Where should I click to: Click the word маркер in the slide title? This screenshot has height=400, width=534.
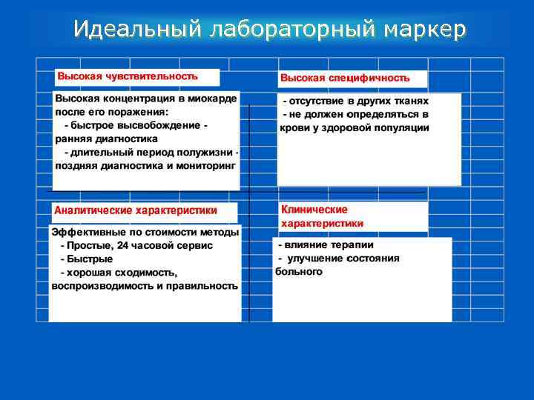coord(426,29)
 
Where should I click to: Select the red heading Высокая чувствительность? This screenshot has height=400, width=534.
coord(128,76)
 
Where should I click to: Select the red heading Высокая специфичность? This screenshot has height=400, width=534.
coord(345,78)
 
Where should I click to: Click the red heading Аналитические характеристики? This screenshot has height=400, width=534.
coord(136,210)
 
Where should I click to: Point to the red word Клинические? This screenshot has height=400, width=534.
coord(314,210)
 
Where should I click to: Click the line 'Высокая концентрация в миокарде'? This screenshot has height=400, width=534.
coord(146,99)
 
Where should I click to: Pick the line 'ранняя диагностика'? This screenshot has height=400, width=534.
coord(106,139)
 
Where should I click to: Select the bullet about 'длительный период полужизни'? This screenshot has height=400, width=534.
coord(151,153)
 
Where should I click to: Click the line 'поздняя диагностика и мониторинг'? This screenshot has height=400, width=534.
coord(145,166)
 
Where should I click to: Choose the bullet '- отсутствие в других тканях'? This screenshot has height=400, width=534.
coord(355,101)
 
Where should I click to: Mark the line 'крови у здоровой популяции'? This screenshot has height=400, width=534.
coord(355,127)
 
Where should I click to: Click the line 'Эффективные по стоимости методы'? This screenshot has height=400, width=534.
coord(145,233)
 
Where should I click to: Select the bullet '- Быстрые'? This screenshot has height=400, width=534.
coord(87,259)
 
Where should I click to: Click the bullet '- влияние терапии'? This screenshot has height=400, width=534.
coord(326,245)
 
